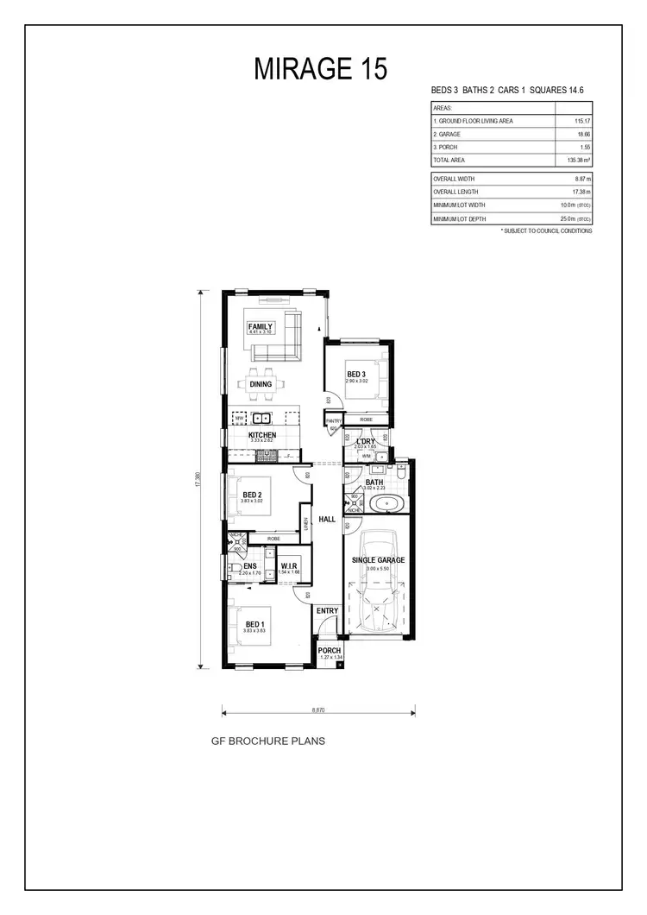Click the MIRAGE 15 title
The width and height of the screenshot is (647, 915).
[320, 68]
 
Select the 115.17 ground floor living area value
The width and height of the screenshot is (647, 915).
[572, 121]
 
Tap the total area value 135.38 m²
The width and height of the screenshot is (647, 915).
[570, 161]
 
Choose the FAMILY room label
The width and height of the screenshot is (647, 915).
[261, 326]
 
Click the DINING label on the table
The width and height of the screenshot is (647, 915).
[261, 384]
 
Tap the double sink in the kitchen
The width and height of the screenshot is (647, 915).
[261, 419]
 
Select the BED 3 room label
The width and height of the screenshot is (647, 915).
[356, 374]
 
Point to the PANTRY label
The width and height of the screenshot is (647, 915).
[334, 420]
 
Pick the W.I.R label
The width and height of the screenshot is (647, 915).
[290, 565]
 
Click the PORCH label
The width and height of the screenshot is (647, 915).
[330, 651]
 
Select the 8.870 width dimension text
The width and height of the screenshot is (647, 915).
[319, 710]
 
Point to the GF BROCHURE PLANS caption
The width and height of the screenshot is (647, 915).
[268, 741]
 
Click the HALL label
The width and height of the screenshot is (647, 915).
[327, 520]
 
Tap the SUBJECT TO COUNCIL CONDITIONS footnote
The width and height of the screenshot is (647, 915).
[547, 231]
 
